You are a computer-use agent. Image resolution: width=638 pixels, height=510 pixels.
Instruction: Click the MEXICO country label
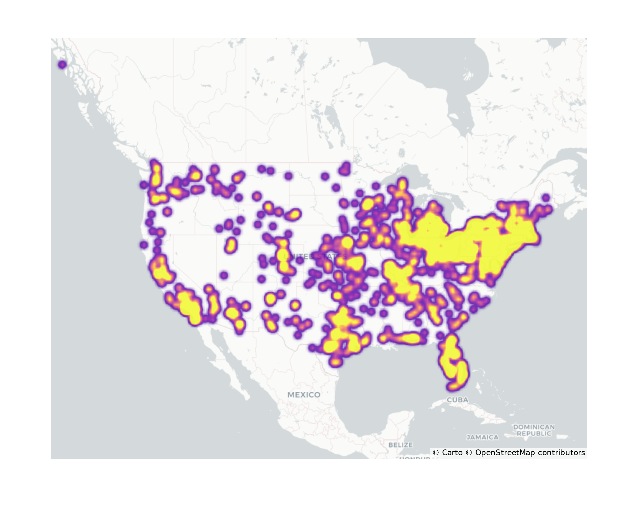(304, 395)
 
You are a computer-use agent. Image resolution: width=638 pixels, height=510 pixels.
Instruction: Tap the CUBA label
(457, 400)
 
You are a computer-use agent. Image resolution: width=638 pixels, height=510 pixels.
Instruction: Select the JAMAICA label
(482, 437)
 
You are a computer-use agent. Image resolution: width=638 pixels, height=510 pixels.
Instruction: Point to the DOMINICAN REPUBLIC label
(534, 430)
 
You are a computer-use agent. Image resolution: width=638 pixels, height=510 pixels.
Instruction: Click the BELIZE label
(400, 445)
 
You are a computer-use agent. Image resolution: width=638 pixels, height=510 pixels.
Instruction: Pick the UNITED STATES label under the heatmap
(314, 257)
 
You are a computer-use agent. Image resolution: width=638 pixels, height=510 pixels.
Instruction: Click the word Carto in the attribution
(452, 453)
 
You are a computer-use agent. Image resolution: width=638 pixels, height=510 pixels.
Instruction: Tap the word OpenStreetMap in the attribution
(505, 453)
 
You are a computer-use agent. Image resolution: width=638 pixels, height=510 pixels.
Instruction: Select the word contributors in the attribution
(561, 453)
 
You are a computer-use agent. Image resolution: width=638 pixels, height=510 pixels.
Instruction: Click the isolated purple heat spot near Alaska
(62, 65)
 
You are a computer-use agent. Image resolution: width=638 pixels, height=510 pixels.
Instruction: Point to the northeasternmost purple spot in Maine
(546, 198)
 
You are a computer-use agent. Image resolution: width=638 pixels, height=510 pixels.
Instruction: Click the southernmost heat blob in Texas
(336, 362)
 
